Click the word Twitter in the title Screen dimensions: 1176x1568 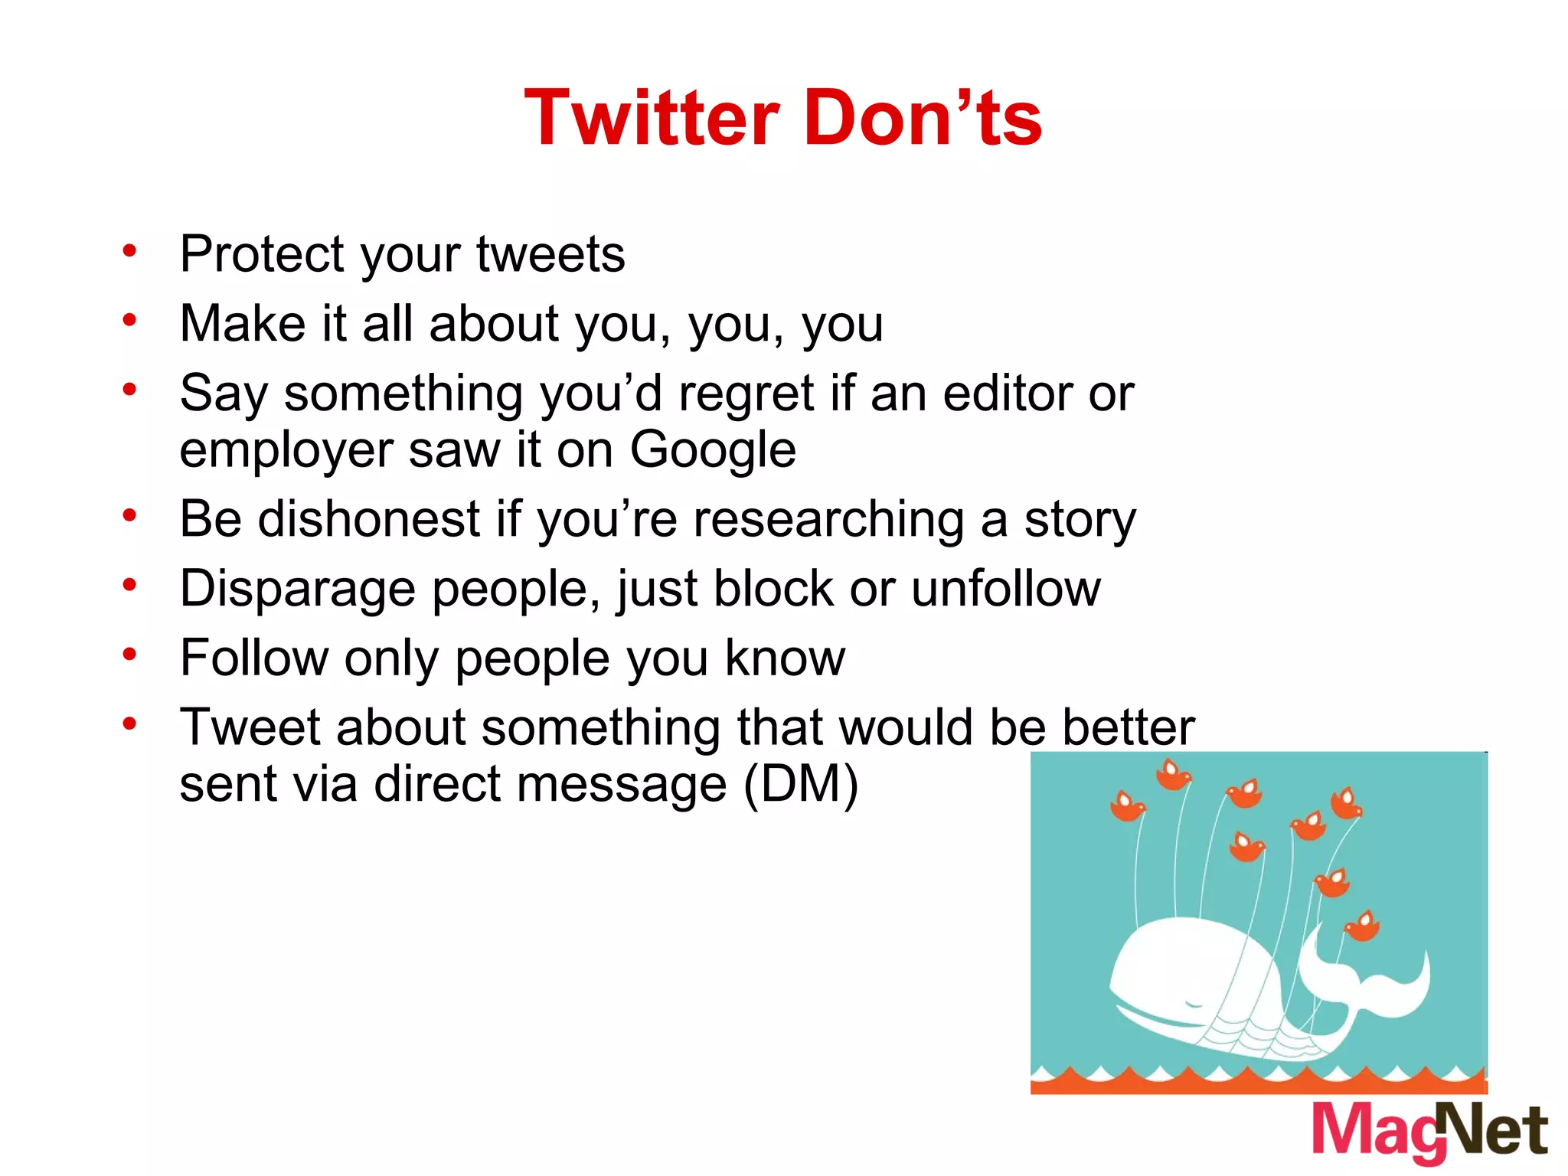tap(652, 119)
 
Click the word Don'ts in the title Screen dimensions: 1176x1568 tap(923, 119)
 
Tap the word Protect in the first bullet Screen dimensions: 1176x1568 tap(263, 254)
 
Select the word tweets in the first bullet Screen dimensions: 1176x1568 tap(550, 254)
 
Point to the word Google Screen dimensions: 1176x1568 tap(713, 450)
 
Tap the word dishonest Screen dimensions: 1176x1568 tap(369, 519)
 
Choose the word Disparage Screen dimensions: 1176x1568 tap(298, 590)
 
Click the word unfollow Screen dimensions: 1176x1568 tap(1006, 589)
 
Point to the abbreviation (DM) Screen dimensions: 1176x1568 tap(802, 785)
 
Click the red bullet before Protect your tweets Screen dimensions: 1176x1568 tap(129, 250)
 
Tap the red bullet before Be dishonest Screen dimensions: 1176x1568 tap(129, 515)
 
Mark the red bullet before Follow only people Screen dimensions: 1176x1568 tap(129, 655)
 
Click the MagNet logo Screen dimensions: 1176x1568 tap(1430, 1132)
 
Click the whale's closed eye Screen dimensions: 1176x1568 tap(1193, 1001)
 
